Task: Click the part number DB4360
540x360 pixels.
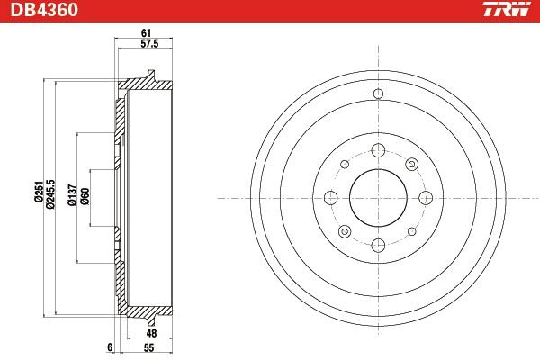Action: (x=43, y=11)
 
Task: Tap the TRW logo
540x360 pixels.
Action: (x=505, y=11)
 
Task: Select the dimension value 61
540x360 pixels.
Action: (x=145, y=33)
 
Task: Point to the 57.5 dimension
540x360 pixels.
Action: (x=148, y=44)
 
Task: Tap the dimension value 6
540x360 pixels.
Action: (x=109, y=346)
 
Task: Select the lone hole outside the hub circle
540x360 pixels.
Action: (x=377, y=95)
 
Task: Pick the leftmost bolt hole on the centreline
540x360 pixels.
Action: (x=329, y=197)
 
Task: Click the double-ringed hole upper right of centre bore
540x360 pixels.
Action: (x=410, y=165)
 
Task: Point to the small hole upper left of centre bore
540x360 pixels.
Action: (x=344, y=165)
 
